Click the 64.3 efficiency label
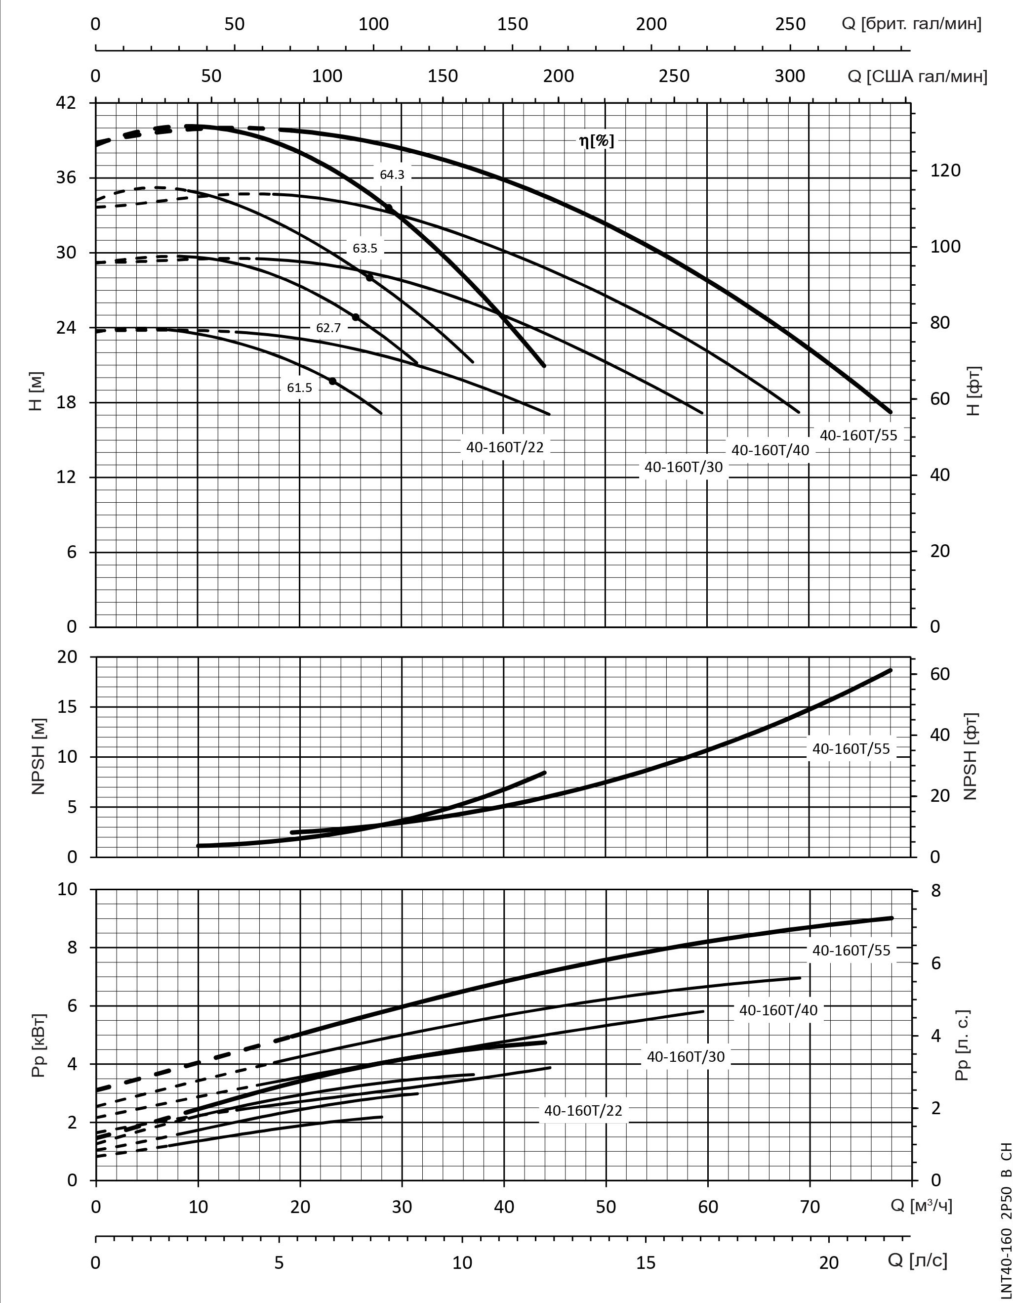[392, 175]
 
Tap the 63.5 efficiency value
[365, 248]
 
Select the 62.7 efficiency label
[328, 328]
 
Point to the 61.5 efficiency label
[299, 388]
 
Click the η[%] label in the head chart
[596, 141]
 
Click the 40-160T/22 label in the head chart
[505, 447]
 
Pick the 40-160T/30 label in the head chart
[683, 467]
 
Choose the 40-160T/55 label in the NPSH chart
[851, 748]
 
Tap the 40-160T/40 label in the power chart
[778, 1009]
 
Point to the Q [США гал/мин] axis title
[917, 76]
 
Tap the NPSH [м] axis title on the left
[39, 756]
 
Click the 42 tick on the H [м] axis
[66, 103]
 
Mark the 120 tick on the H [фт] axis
[945, 171]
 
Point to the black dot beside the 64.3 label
[389, 208]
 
